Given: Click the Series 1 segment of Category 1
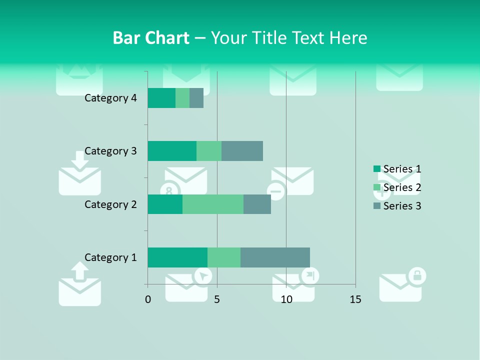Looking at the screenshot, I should tap(177, 257).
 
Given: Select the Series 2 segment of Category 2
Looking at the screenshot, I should tap(213, 204).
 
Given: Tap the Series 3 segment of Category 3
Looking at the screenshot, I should tap(242, 151).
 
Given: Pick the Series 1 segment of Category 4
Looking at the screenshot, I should tap(161, 98).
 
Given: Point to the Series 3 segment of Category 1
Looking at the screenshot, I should tap(275, 257).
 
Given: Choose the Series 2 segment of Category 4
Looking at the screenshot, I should tap(182, 98).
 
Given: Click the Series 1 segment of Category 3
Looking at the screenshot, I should tap(172, 151).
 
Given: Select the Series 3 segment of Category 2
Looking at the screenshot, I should tap(257, 204).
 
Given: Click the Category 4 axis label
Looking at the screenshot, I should tap(110, 98).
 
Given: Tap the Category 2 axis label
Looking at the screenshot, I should tap(110, 204).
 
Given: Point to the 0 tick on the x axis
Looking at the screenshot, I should tap(148, 299).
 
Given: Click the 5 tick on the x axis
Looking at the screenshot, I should tap(217, 299).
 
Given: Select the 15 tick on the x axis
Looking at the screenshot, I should tap(355, 299).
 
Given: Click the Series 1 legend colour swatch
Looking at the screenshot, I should tap(376, 169).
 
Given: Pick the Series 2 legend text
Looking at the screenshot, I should tap(402, 187).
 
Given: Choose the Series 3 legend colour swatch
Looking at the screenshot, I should tap(376, 206).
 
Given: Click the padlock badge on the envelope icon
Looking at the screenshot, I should tap(417, 275).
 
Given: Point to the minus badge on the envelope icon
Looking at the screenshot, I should tap(276, 190).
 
